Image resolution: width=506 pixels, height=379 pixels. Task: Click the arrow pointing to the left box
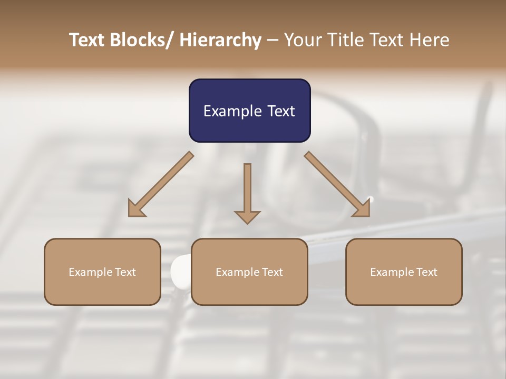click(x=161, y=185)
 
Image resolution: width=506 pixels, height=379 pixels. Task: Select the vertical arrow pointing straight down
click(x=247, y=193)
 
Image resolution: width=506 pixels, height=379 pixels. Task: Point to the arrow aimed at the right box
click(x=337, y=184)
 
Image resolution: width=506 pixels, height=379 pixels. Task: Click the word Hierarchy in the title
click(x=220, y=40)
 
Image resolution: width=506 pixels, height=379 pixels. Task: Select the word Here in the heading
click(x=430, y=40)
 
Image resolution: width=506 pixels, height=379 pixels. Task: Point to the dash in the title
click(x=273, y=41)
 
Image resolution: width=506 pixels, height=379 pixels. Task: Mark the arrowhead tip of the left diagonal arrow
click(x=129, y=215)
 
